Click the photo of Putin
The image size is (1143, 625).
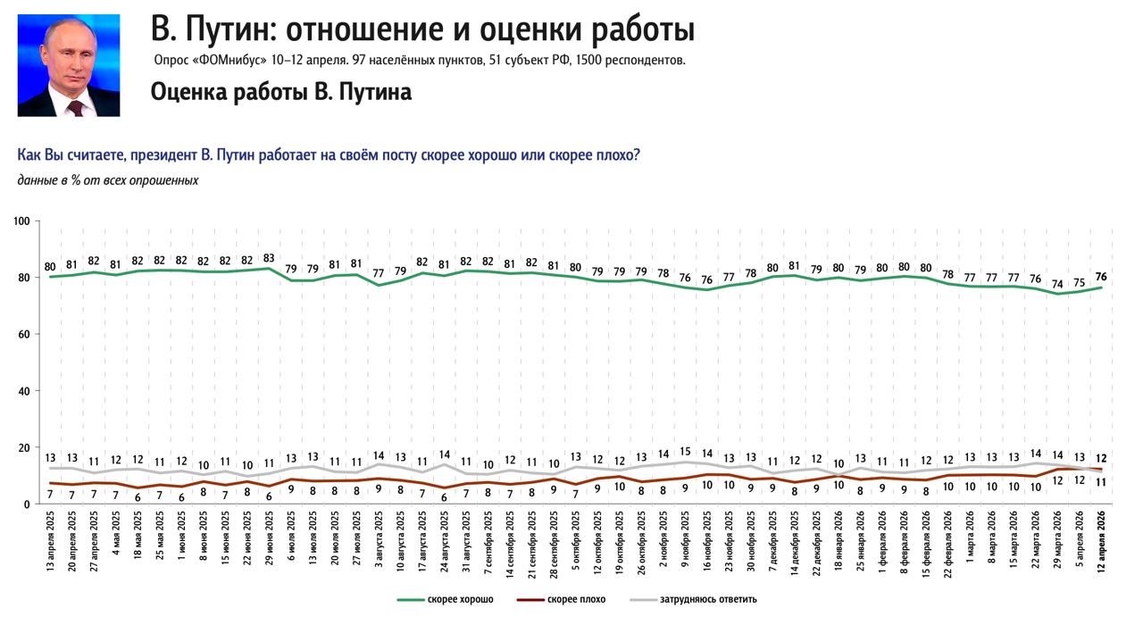point(69,65)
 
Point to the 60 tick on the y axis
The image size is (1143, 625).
point(25,334)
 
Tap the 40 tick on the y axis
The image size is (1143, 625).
point(25,391)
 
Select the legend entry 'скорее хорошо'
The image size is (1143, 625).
point(460,599)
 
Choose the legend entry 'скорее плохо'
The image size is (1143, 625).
point(576,599)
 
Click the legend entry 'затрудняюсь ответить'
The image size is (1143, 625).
point(708,599)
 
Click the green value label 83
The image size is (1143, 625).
point(269,257)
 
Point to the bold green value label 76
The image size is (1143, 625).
point(1101,276)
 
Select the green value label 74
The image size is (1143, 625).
point(1057,283)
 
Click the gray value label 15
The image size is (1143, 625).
point(685,452)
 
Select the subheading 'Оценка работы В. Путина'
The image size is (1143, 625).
point(281,92)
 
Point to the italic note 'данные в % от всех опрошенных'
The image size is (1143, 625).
point(107,180)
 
